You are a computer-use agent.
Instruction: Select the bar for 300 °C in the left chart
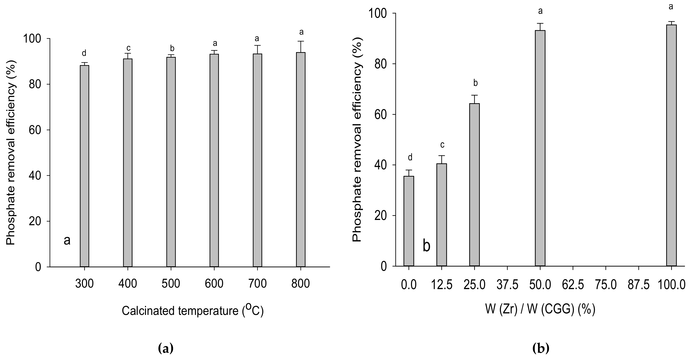[x=84, y=166]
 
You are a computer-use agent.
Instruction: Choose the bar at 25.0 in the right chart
[x=475, y=185]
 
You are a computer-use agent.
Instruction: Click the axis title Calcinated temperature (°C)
[x=193, y=310]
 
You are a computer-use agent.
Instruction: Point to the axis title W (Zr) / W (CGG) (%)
[x=540, y=310]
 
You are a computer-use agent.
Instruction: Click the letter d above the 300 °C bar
[x=84, y=53]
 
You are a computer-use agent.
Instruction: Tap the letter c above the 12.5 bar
[x=442, y=145]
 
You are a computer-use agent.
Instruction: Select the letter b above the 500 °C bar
[x=172, y=48]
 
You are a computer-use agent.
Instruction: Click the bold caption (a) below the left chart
[x=166, y=348]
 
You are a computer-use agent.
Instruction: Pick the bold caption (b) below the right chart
[x=541, y=348]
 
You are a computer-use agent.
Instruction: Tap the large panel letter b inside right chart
[x=426, y=246]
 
